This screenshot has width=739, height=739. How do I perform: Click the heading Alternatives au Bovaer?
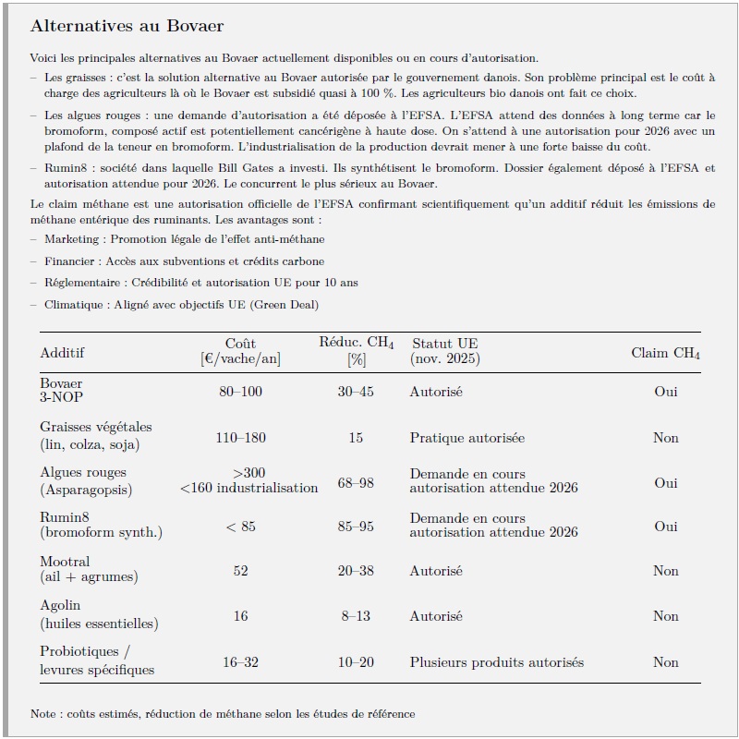tap(127, 25)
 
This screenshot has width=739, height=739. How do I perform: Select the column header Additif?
tap(62, 353)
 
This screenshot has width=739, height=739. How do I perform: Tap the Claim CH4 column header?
tap(665, 353)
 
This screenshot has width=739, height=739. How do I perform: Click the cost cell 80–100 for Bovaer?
tap(240, 392)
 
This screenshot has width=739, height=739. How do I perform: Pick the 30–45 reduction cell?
tap(356, 392)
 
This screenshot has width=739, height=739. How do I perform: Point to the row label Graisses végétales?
tap(96, 428)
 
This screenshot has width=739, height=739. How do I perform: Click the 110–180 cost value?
tap(240, 437)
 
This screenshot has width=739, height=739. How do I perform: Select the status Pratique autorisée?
tap(467, 437)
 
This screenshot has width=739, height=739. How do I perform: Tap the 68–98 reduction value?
tap(356, 482)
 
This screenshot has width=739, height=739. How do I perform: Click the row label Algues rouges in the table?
tap(83, 472)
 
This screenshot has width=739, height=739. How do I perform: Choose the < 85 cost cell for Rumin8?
tap(240, 527)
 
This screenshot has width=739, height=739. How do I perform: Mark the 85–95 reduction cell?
tap(356, 527)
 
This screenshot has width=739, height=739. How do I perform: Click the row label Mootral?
tap(65, 562)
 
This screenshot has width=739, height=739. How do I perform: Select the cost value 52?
tap(240, 571)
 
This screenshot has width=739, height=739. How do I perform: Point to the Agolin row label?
tap(60, 606)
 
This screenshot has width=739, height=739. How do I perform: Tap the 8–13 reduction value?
tap(356, 615)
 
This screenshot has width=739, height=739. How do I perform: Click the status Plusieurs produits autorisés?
tap(497, 661)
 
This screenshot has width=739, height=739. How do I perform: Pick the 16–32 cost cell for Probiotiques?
tap(240, 661)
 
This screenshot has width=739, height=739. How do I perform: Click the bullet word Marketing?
tap(72, 239)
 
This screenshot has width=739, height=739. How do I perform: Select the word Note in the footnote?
tap(42, 713)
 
